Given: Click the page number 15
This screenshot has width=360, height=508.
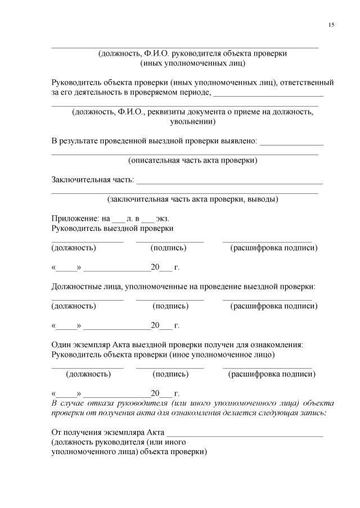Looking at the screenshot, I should (x=331, y=25).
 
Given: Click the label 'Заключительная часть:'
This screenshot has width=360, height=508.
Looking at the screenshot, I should (x=93, y=180).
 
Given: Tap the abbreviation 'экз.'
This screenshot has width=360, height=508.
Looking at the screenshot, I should (x=163, y=218).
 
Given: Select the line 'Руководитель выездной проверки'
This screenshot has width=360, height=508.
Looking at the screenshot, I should (x=112, y=228).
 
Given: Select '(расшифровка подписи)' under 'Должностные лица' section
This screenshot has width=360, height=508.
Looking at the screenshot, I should (x=273, y=306).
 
